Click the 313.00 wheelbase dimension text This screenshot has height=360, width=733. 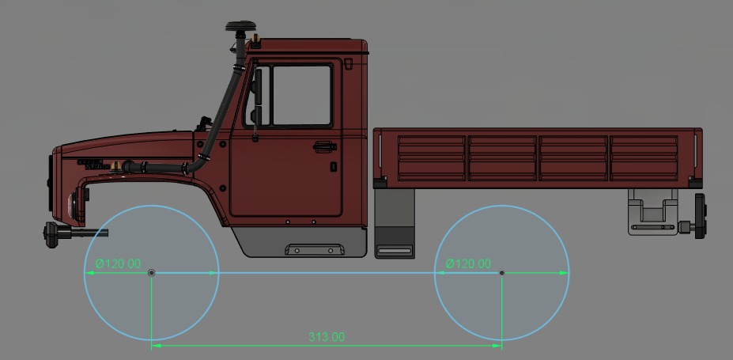tap(326, 337)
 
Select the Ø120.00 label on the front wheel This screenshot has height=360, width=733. tap(118, 263)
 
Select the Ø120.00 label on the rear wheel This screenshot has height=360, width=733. tap(467, 263)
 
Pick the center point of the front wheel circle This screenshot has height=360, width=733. tap(152, 273)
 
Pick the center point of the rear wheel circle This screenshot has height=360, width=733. tap(502, 273)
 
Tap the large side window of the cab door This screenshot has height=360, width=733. tap(300, 95)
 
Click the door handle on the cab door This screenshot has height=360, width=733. tap(323, 146)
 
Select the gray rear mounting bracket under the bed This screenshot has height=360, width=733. tap(653, 212)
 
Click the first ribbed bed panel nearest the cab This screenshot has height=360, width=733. tap(431, 157)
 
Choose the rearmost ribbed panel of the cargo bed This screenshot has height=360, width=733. tap(644, 157)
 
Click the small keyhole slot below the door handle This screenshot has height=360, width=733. tap(334, 167)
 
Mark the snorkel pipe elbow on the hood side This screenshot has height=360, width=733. tap(190, 168)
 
